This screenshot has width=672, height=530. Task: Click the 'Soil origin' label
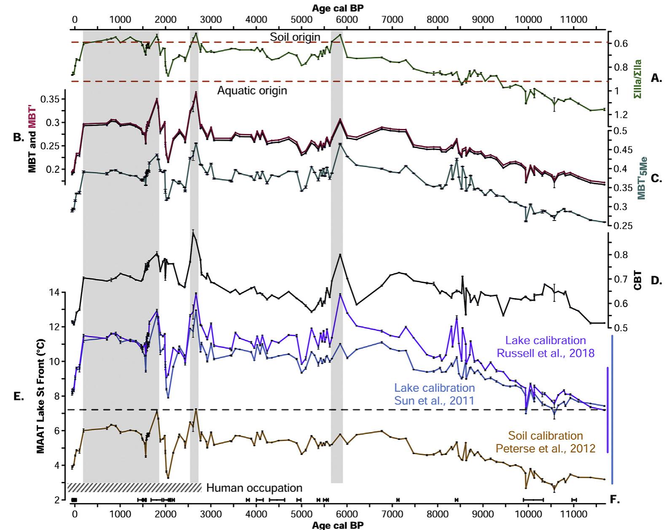tap(295, 37)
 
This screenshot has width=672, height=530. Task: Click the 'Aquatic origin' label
tap(252, 90)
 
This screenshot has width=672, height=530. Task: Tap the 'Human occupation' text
tap(254, 488)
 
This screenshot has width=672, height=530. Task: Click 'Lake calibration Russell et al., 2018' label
tap(546, 347)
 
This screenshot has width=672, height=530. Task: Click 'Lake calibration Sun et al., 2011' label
tap(434, 394)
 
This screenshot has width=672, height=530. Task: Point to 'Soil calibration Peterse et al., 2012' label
tap(546, 442)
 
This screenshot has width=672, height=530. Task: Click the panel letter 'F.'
tap(615, 500)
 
